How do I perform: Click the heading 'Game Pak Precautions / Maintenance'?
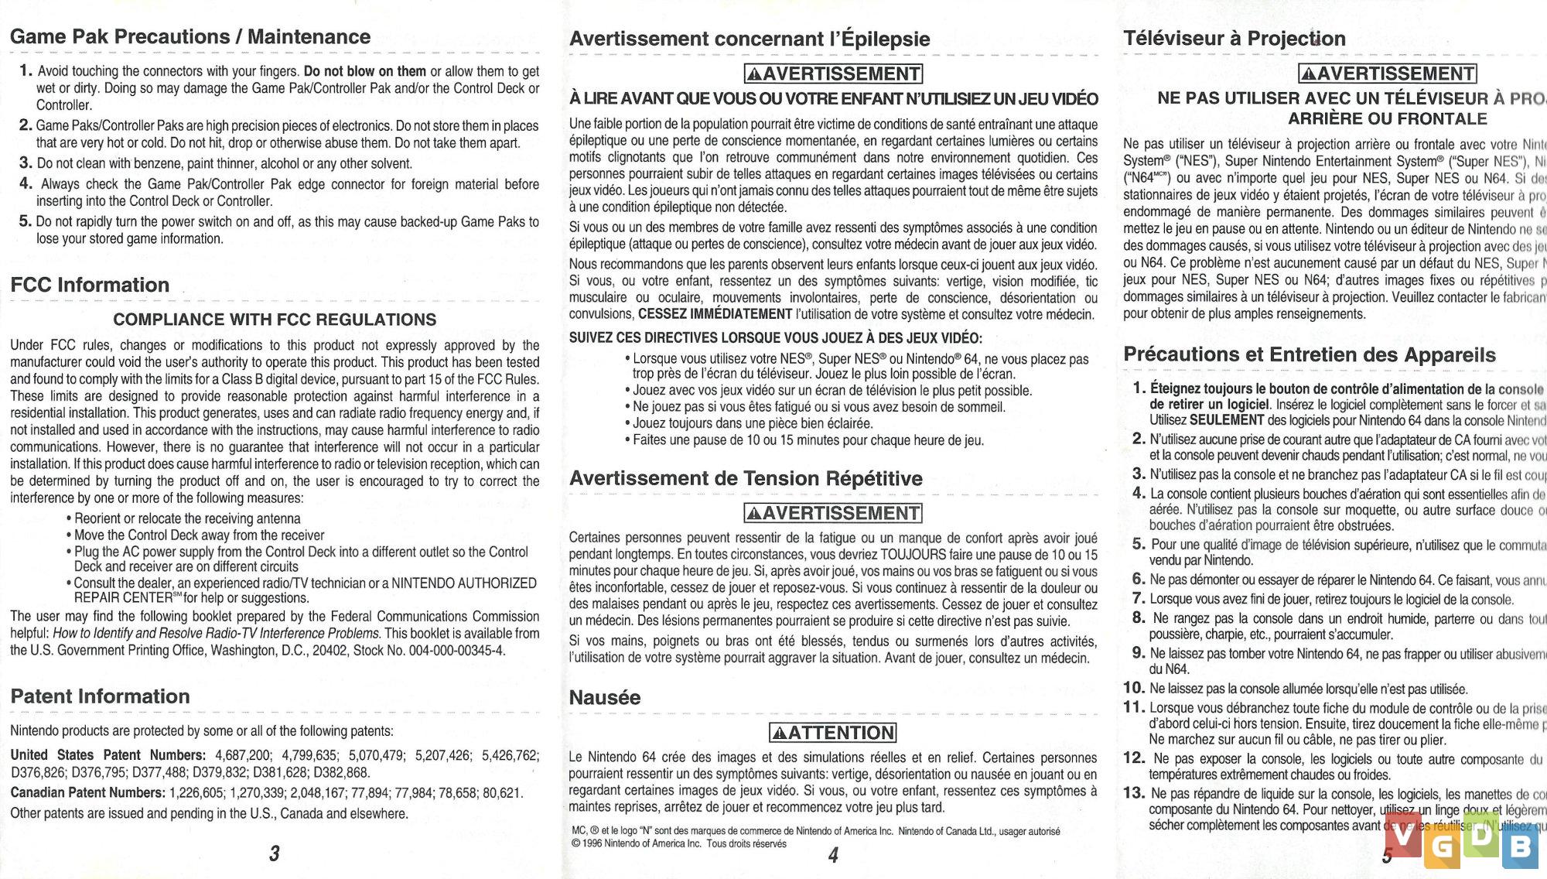190,36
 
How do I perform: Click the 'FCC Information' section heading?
90,285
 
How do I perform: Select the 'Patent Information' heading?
100,696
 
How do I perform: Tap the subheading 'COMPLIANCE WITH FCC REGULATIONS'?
275,320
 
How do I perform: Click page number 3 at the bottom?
274,853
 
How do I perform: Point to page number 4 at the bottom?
833,855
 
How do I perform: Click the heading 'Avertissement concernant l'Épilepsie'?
750,39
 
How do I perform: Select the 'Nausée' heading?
604,697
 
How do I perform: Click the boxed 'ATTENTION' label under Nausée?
833,733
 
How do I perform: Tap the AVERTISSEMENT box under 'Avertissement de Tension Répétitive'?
833,513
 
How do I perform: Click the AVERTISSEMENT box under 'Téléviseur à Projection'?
1388,74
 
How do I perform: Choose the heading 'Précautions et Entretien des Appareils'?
1310,354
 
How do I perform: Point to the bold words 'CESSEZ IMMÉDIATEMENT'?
715,314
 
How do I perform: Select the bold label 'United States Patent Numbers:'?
108,755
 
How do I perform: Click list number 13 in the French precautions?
1134,793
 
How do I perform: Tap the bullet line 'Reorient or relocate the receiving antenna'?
187,518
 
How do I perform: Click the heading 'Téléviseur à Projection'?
1235,38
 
